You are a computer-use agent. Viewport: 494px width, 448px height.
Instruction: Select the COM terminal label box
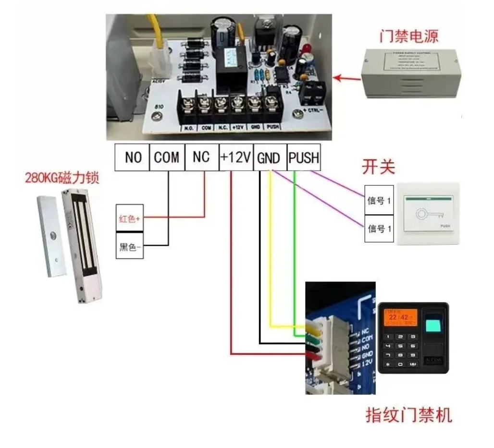[x=167, y=157]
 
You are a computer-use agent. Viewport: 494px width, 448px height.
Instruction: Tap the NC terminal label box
[x=201, y=157]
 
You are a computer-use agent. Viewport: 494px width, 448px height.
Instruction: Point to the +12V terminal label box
[x=235, y=157]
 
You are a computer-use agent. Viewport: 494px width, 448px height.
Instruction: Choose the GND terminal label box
[x=270, y=157]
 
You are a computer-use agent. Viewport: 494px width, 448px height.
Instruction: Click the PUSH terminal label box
[x=304, y=157]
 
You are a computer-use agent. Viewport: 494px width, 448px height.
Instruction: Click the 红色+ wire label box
[x=129, y=218]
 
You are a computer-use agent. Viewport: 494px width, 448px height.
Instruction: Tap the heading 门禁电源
[x=408, y=36]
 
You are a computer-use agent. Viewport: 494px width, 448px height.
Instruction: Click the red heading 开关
[x=378, y=167]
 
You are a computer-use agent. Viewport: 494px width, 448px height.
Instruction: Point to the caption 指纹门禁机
[x=409, y=414]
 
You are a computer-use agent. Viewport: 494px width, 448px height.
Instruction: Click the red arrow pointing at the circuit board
[x=347, y=78]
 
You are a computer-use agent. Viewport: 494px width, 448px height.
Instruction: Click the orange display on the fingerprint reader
[x=398, y=317]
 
